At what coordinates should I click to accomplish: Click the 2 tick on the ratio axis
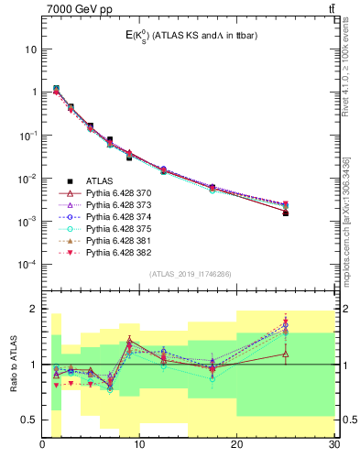tap(34, 309)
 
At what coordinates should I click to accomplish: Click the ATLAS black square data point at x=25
tap(285, 213)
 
